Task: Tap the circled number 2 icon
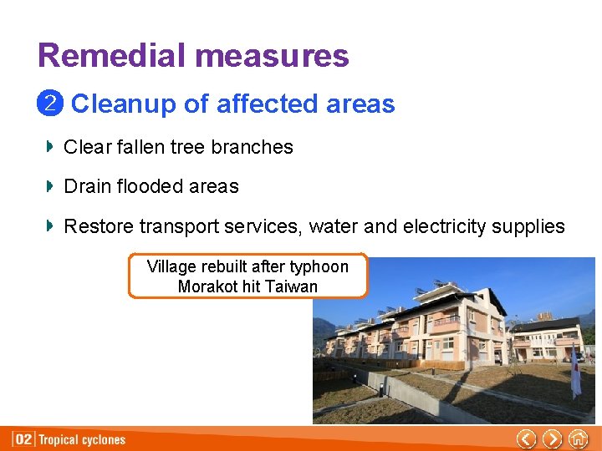click(49, 104)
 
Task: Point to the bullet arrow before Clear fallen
click(50, 147)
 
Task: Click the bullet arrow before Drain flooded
click(50, 186)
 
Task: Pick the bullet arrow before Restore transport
click(50, 225)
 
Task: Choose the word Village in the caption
click(171, 266)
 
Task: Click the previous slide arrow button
click(526, 438)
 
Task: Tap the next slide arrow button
click(552, 438)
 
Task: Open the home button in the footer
click(578, 438)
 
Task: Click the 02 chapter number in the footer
click(24, 439)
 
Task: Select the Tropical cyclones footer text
click(83, 439)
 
